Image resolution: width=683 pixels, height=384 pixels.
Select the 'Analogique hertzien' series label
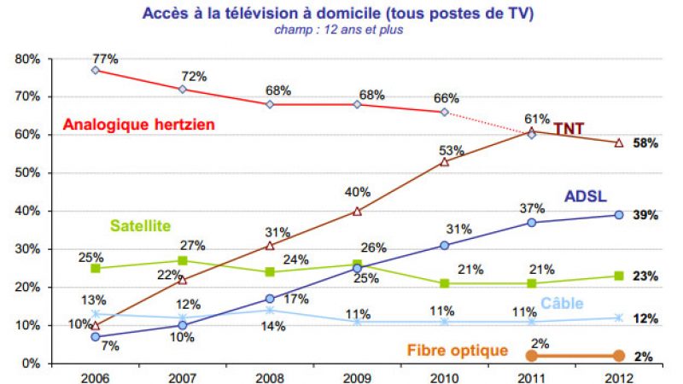click(138, 125)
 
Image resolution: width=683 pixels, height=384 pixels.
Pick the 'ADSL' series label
click(586, 195)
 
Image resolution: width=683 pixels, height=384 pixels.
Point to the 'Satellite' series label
click(140, 226)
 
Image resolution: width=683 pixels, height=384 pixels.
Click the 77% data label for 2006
click(106, 58)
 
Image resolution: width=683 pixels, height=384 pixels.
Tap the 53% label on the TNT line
click(452, 150)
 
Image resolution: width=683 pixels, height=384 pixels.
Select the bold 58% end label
click(645, 143)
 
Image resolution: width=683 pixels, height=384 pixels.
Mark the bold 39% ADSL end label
click(645, 215)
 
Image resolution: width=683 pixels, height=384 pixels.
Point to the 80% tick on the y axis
click(28, 59)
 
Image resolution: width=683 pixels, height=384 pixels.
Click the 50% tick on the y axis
click(28, 173)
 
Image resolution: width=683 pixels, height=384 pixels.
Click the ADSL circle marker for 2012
click(619, 215)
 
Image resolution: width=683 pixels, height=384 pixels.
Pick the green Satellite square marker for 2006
click(95, 268)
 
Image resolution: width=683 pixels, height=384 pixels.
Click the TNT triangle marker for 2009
click(357, 211)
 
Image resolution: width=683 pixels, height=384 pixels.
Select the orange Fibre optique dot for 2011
click(532, 356)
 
